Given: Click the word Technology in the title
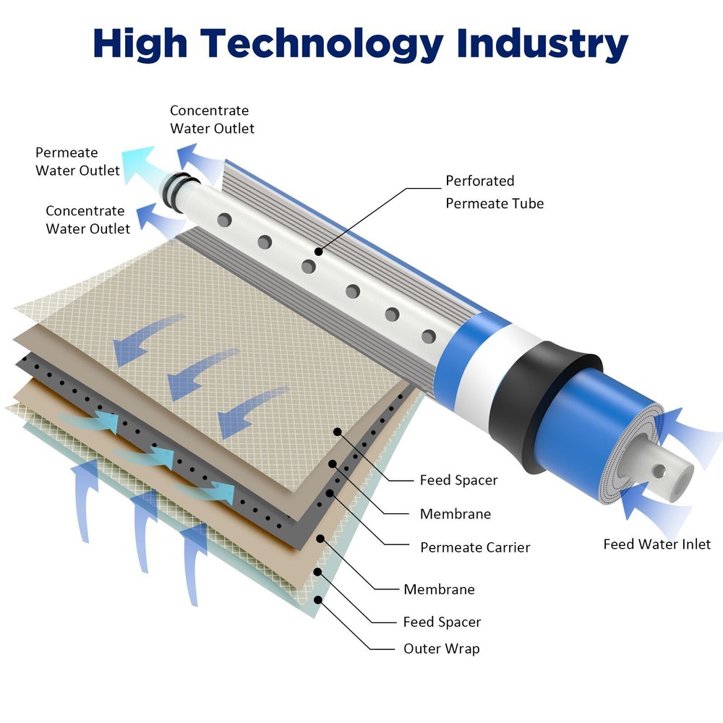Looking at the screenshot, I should [321, 45].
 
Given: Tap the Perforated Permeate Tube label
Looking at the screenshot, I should [494, 192].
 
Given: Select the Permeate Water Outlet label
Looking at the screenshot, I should [77, 161].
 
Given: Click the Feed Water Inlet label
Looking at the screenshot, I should [656, 544].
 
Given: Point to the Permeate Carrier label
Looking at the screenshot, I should [475, 547].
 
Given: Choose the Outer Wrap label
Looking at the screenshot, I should [441, 649].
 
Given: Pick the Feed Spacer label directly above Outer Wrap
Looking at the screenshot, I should [442, 622].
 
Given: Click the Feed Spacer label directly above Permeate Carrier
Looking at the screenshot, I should [458, 480].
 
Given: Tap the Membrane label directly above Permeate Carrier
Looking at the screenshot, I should [455, 514].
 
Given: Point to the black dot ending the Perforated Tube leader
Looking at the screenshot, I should [318, 251].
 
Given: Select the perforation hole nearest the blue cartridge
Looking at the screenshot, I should [429, 336].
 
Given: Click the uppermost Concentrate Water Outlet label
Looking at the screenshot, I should [211, 119].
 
